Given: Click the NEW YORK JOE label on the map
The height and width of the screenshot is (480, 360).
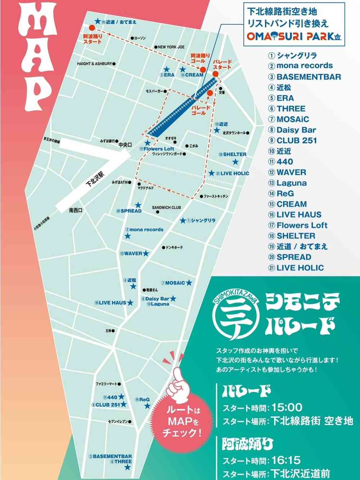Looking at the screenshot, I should [x=171, y=47].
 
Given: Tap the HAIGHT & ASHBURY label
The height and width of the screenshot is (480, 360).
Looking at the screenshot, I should [x=95, y=64].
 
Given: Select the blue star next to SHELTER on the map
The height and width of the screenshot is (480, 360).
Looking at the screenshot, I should [x=235, y=162].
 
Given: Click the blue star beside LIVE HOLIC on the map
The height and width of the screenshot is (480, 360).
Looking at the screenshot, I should [x=212, y=173].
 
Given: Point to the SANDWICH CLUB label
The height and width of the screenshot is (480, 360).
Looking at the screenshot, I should [x=166, y=208].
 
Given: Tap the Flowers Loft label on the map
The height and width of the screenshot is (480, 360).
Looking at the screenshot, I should [x=159, y=149].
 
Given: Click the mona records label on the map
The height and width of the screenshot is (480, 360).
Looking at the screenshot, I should [x=146, y=229].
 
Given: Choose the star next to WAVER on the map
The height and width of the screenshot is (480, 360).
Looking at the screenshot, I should [x=145, y=254].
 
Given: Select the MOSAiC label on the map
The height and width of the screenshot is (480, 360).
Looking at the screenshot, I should [x=175, y=283].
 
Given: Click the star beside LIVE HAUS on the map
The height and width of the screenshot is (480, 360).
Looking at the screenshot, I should [x=130, y=303].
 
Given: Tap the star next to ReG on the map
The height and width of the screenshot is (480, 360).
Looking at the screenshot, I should [x=147, y=406].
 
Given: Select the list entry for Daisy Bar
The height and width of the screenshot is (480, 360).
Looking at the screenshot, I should [x=296, y=130].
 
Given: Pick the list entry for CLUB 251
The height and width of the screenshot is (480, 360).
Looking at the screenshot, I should [x=297, y=140].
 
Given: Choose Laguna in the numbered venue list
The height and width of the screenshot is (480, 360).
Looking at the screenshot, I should [x=291, y=183].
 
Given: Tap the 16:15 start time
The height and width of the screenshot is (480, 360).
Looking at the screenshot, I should [x=286, y=460].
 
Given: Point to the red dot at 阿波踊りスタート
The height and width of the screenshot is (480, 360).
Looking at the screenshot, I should [x=91, y=27].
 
